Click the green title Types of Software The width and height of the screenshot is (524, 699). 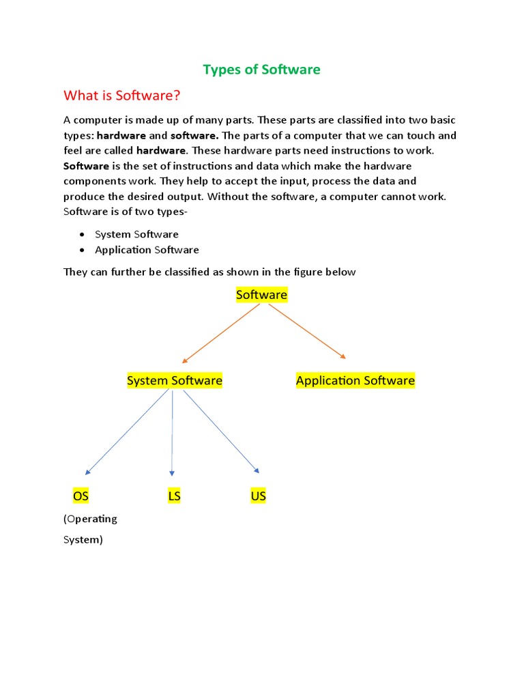(x=262, y=70)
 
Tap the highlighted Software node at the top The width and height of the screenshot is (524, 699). (x=261, y=295)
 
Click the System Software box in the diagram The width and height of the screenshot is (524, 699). (x=175, y=380)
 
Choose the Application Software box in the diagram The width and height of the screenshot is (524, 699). (x=355, y=380)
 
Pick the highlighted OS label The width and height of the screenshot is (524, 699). (x=81, y=496)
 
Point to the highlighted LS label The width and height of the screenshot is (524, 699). (x=174, y=496)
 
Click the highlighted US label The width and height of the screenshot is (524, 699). (x=258, y=496)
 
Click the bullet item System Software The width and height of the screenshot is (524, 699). (x=136, y=234)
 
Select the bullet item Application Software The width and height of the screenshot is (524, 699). (x=147, y=250)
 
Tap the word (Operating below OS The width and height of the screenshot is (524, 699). (x=90, y=519)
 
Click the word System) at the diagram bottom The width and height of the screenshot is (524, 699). (x=83, y=540)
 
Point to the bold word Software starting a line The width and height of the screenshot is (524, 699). (x=86, y=166)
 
